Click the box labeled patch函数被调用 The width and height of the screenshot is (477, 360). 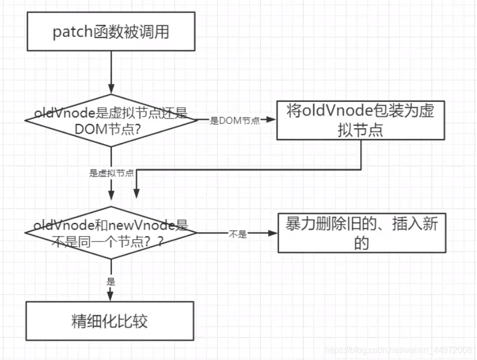(x=111, y=31)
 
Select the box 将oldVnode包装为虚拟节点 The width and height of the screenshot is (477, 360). (x=361, y=121)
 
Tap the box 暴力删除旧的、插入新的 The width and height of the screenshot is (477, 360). (x=362, y=233)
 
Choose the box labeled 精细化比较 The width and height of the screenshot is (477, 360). (x=110, y=321)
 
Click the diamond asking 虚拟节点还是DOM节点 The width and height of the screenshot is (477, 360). (x=111, y=121)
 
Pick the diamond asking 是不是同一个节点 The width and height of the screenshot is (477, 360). (x=110, y=233)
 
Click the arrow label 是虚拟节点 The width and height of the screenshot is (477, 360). (x=111, y=174)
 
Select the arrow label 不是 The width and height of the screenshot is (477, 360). (x=238, y=234)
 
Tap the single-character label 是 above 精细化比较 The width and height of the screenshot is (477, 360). (x=111, y=282)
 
